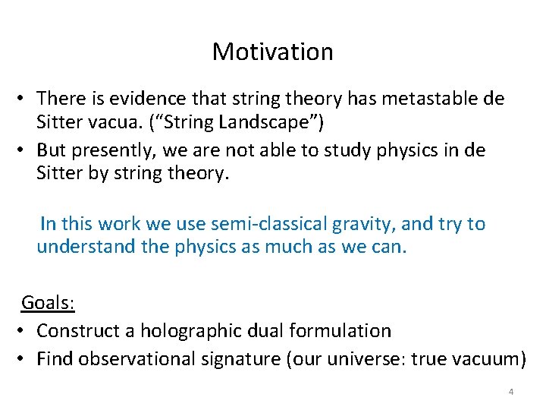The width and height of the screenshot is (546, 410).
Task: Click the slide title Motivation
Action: [272, 52]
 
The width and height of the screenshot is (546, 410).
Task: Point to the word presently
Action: [112, 151]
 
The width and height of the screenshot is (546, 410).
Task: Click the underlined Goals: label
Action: [47, 303]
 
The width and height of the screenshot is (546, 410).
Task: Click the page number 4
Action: [511, 392]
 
